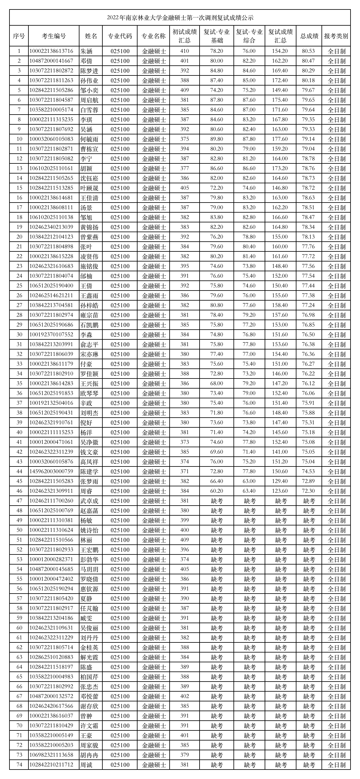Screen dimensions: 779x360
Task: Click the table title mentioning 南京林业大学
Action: click(x=180, y=18)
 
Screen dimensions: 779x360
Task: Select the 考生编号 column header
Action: click(x=54, y=36)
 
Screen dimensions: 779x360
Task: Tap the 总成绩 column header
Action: click(x=309, y=36)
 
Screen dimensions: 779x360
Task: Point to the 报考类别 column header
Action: click(x=336, y=36)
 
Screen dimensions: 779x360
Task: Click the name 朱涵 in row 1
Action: click(x=86, y=51)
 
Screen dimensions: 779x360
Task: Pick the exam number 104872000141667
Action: click(x=51, y=61)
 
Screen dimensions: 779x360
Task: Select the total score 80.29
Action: click(x=308, y=71)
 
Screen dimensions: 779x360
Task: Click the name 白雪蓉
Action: click(x=89, y=110)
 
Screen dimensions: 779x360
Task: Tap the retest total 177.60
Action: click(x=280, y=139)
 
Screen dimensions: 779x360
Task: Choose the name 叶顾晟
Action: click(x=89, y=188)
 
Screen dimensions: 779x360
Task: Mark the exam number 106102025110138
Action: click(x=51, y=218)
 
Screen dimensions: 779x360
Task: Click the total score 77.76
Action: click(x=308, y=247)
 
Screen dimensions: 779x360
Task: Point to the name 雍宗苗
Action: click(x=89, y=315)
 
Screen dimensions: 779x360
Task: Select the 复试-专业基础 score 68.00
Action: click(x=216, y=384)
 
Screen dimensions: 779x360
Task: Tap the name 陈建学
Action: click(x=89, y=472)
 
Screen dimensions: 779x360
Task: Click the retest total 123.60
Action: click(x=280, y=491)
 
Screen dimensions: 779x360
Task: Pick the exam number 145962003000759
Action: click(x=51, y=472)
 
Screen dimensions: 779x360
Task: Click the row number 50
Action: click(x=19, y=530)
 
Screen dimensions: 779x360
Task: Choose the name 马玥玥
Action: click(x=89, y=569)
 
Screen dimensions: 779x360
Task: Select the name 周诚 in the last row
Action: click(x=86, y=765)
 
